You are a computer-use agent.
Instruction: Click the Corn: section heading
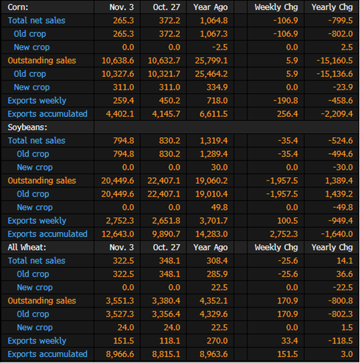(18, 7)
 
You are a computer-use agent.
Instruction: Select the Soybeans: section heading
(27, 127)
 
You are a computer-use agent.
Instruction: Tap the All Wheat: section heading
(27, 247)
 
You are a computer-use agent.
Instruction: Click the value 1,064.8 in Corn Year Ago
(214, 21)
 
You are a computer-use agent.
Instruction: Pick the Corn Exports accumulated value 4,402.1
(120, 114)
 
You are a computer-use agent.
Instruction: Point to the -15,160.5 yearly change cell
(335, 61)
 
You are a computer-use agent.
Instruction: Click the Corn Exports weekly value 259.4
(124, 101)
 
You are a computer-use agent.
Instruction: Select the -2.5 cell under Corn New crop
(220, 47)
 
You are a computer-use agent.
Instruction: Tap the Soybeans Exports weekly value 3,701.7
(214, 221)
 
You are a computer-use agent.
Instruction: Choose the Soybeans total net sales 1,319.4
(214, 140)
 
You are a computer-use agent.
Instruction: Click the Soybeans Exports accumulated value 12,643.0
(118, 234)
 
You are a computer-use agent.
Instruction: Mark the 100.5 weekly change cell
(288, 221)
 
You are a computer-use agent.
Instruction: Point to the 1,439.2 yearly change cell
(339, 194)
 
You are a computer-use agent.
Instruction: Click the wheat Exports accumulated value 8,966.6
(120, 354)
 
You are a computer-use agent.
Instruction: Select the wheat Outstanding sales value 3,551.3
(120, 301)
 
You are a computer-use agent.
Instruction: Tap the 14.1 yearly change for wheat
(345, 261)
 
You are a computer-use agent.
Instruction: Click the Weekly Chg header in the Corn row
(277, 7)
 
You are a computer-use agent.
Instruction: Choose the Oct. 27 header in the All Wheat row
(166, 247)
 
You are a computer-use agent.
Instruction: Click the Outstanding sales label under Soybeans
(42, 180)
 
